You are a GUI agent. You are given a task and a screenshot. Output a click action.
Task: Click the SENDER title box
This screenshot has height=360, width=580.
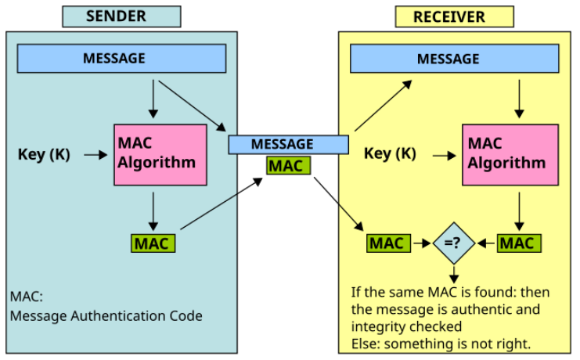pyautogui.click(x=121, y=16)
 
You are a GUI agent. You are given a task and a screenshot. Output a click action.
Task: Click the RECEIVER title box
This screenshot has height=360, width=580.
pyautogui.click(x=454, y=16)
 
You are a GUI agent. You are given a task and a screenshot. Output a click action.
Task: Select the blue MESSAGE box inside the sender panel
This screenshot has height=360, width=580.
pyautogui.click(x=121, y=58)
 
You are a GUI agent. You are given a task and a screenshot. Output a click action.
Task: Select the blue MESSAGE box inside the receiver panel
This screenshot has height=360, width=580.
pyautogui.click(x=454, y=59)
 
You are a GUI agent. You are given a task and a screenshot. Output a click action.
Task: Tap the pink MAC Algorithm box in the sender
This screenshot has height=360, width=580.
pyautogui.click(x=160, y=154)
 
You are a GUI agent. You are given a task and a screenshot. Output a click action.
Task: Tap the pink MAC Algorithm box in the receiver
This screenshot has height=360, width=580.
pyautogui.click(x=510, y=154)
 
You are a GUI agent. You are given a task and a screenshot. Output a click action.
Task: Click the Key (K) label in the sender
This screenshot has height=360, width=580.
pyautogui.click(x=44, y=154)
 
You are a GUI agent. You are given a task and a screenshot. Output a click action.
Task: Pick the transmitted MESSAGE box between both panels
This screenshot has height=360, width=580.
pyautogui.click(x=288, y=144)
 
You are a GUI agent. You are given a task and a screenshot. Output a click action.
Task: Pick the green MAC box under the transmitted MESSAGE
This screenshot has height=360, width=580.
pyautogui.click(x=288, y=166)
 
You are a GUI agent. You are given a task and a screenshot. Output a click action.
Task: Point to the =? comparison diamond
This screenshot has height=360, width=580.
pyautogui.click(x=454, y=243)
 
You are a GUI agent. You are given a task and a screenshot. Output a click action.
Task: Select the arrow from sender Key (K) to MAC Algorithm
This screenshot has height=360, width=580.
pyautogui.click(x=95, y=154)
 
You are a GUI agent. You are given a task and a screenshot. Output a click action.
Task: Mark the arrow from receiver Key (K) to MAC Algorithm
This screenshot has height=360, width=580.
pyautogui.click(x=445, y=155)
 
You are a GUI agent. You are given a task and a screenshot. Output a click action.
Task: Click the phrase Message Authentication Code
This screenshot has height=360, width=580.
pyautogui.click(x=106, y=316)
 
